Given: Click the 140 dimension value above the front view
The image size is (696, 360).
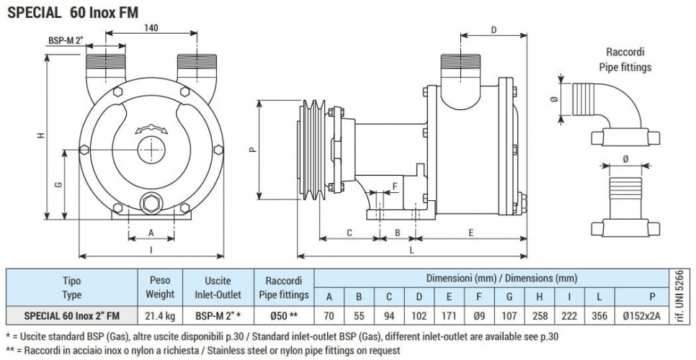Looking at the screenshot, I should point(151,27).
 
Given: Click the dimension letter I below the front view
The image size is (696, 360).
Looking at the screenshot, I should point(151,249).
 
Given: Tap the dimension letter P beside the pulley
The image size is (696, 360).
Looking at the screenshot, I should point(251,150).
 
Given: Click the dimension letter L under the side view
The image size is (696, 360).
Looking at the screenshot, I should point(411,249).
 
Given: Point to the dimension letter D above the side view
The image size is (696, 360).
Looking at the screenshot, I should point(494,30).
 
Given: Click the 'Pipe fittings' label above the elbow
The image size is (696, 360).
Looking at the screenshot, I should point(625,67).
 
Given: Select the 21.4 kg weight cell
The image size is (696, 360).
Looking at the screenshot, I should point(161,315).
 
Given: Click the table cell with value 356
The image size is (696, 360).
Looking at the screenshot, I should point(599,315).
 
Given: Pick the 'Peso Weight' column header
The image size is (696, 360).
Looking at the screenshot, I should point(161,288).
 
